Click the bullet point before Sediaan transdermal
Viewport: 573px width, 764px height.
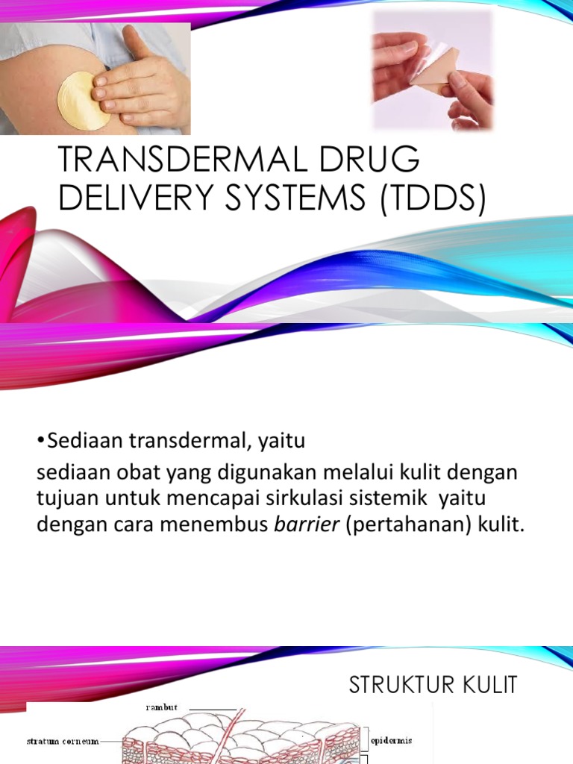40,442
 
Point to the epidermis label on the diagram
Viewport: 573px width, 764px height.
391,741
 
